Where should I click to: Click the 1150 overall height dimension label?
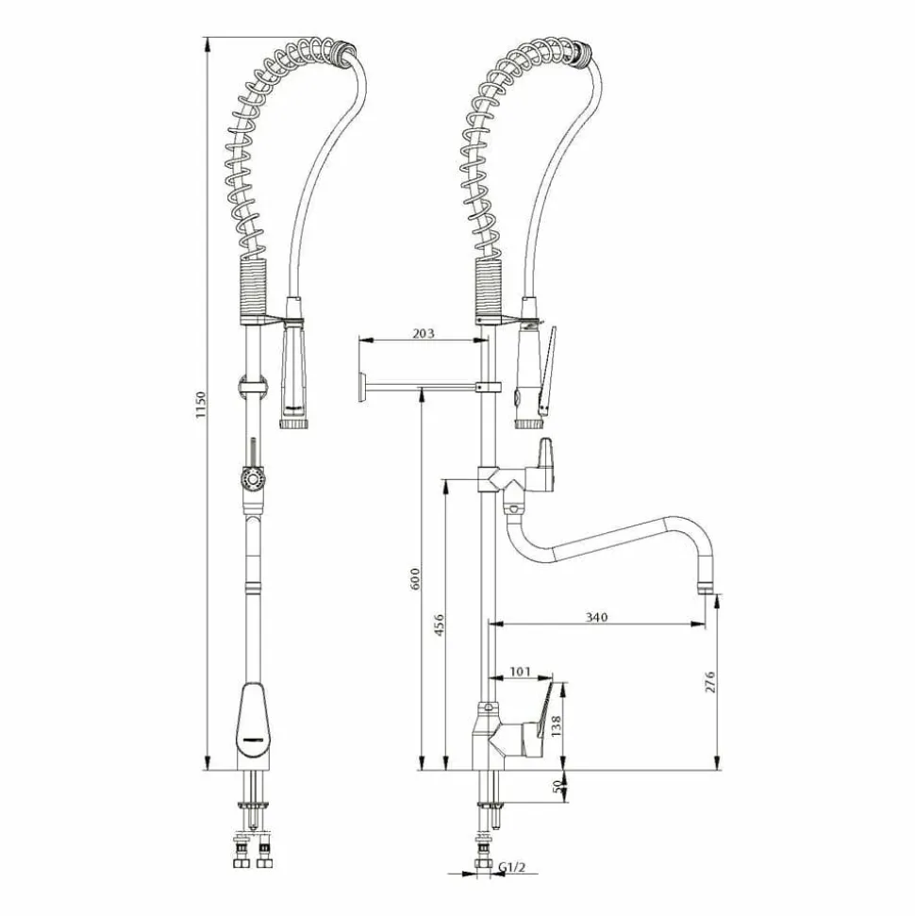pos(200,405)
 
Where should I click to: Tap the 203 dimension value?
pos(424,333)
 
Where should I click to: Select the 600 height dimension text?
pos(415,578)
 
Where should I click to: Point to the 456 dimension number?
pos(440,625)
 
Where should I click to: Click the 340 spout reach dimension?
pos(596,617)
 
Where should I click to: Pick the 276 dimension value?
pos(710,682)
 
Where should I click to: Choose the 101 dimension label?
pos(520,672)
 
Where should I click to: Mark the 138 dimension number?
pos(556,726)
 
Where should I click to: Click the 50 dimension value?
pos(557,786)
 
